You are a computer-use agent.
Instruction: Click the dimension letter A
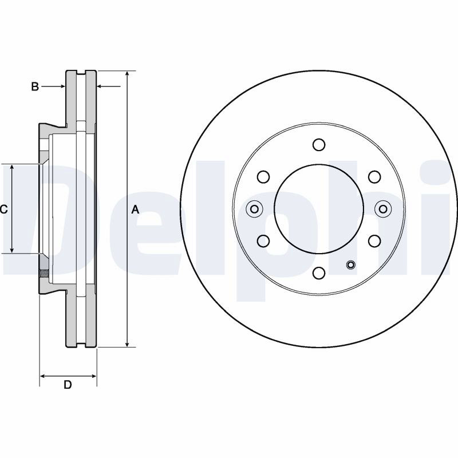point(135,210)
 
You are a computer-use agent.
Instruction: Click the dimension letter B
point(35,86)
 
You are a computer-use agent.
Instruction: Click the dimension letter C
point(3,209)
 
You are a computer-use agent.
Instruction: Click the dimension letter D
point(68,385)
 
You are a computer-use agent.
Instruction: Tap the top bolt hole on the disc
point(319,145)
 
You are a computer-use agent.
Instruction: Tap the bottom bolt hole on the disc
point(319,273)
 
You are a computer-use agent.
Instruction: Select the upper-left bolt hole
point(263,177)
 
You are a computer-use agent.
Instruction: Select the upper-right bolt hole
point(374,177)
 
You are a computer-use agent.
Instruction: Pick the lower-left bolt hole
point(263,241)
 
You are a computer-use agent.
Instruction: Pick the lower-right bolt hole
point(374,241)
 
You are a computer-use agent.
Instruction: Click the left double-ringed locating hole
point(254,209)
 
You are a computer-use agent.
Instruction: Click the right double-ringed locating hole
point(383,209)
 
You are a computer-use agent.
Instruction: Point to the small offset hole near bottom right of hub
point(350,265)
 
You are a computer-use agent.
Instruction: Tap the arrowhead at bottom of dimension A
point(127,344)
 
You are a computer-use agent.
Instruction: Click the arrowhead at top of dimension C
point(12,168)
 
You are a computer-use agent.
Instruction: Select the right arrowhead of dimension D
point(93,376)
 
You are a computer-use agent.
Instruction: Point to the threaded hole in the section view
point(44,274)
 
